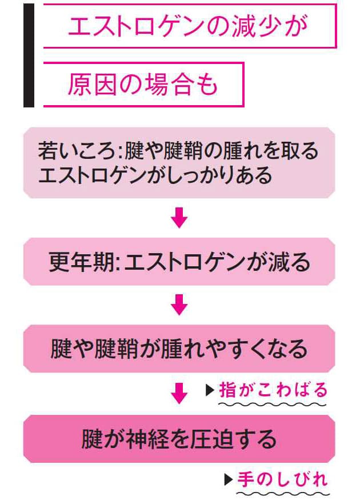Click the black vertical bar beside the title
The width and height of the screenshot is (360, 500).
tap(29, 55)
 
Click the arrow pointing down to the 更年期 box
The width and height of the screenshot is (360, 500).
tap(179, 218)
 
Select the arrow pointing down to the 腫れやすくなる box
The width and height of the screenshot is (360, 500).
tap(179, 305)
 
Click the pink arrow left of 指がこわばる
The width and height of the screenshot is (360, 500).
tap(179, 393)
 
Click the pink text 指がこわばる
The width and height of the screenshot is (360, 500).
tap(274, 390)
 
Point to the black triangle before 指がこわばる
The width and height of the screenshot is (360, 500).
tap(209, 391)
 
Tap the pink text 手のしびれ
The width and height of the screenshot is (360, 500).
tap(283, 479)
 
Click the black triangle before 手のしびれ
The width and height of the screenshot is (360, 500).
tap(228, 479)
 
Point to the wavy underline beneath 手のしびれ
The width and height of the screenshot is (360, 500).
tap(282, 491)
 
